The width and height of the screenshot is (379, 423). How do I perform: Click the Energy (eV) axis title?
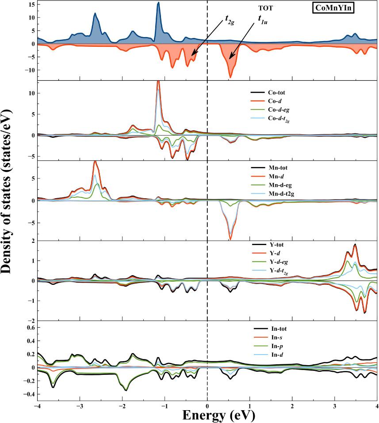coord(207,415)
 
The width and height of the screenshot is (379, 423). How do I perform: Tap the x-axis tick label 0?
coord(207,405)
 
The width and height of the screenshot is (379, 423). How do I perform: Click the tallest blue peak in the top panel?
coord(158,3)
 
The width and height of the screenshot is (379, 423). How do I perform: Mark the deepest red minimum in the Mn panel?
coord(230,239)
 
